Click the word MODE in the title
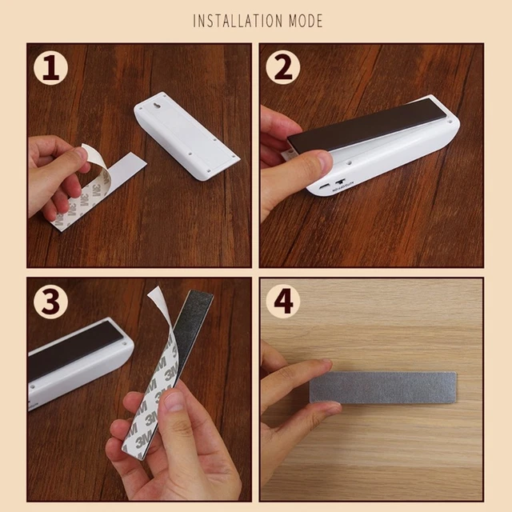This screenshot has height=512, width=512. tap(306, 21)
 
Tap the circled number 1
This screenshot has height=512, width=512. tap(50, 67)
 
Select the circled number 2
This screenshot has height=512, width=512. tap(282, 67)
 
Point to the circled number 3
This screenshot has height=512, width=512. tap(50, 302)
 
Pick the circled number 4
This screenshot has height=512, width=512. tap(282, 302)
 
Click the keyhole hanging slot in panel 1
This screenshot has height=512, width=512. tap(158, 106)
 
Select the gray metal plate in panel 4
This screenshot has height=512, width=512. tap(382, 387)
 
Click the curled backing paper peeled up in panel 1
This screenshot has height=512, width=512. tap(93, 163)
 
